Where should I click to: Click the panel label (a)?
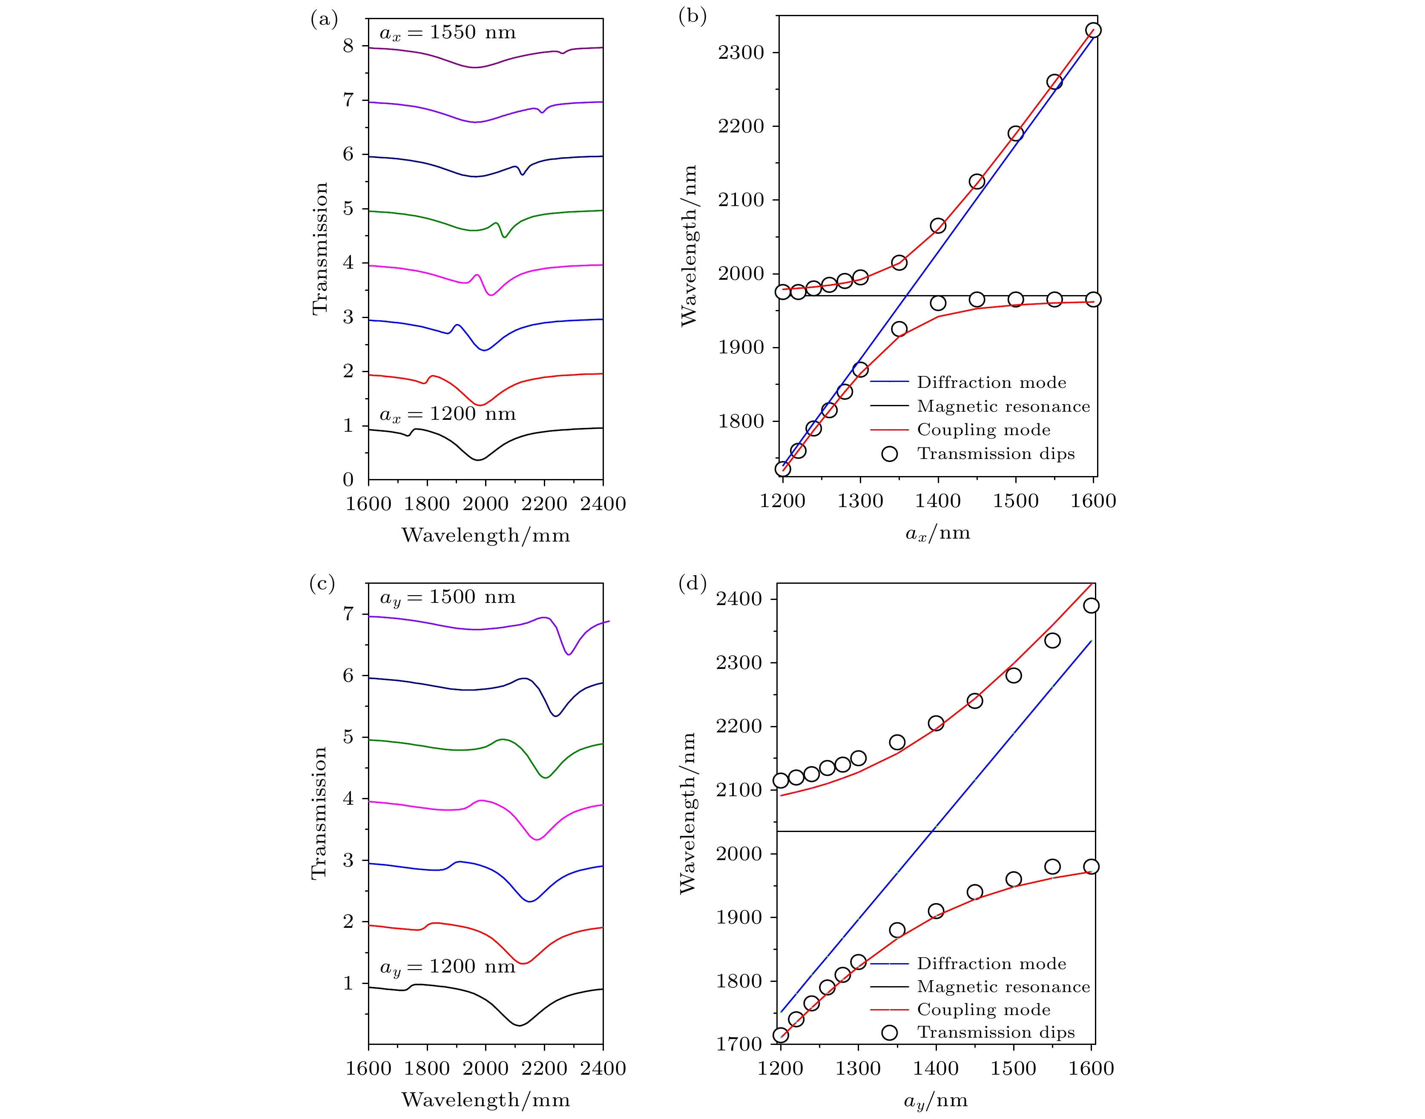324,19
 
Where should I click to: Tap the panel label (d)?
692,582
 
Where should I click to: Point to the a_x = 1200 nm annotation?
448,414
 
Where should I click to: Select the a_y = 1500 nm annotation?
448,597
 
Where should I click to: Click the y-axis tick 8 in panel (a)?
348,46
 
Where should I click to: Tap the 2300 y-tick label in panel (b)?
741,52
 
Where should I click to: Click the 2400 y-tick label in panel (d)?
739,599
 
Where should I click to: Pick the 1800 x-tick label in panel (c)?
427,1069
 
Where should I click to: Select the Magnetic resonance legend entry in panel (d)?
1003,987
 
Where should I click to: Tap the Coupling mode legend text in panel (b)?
983,430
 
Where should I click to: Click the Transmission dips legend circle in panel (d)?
889,1033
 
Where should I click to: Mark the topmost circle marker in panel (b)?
1093,30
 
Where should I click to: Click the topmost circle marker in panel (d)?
1091,605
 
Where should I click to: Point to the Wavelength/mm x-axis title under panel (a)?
486,535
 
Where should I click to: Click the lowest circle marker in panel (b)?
783,469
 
